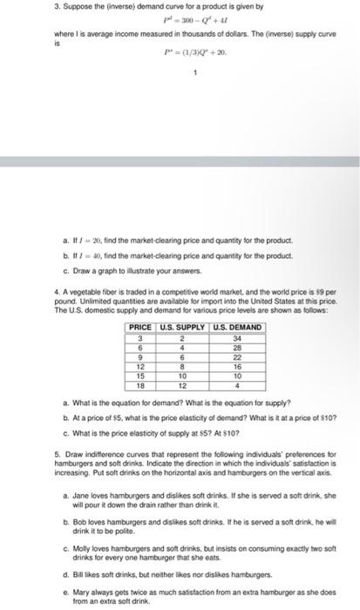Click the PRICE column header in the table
[139, 327]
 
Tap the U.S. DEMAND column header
[236, 327]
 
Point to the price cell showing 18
[139, 384]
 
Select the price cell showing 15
[139, 376]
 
